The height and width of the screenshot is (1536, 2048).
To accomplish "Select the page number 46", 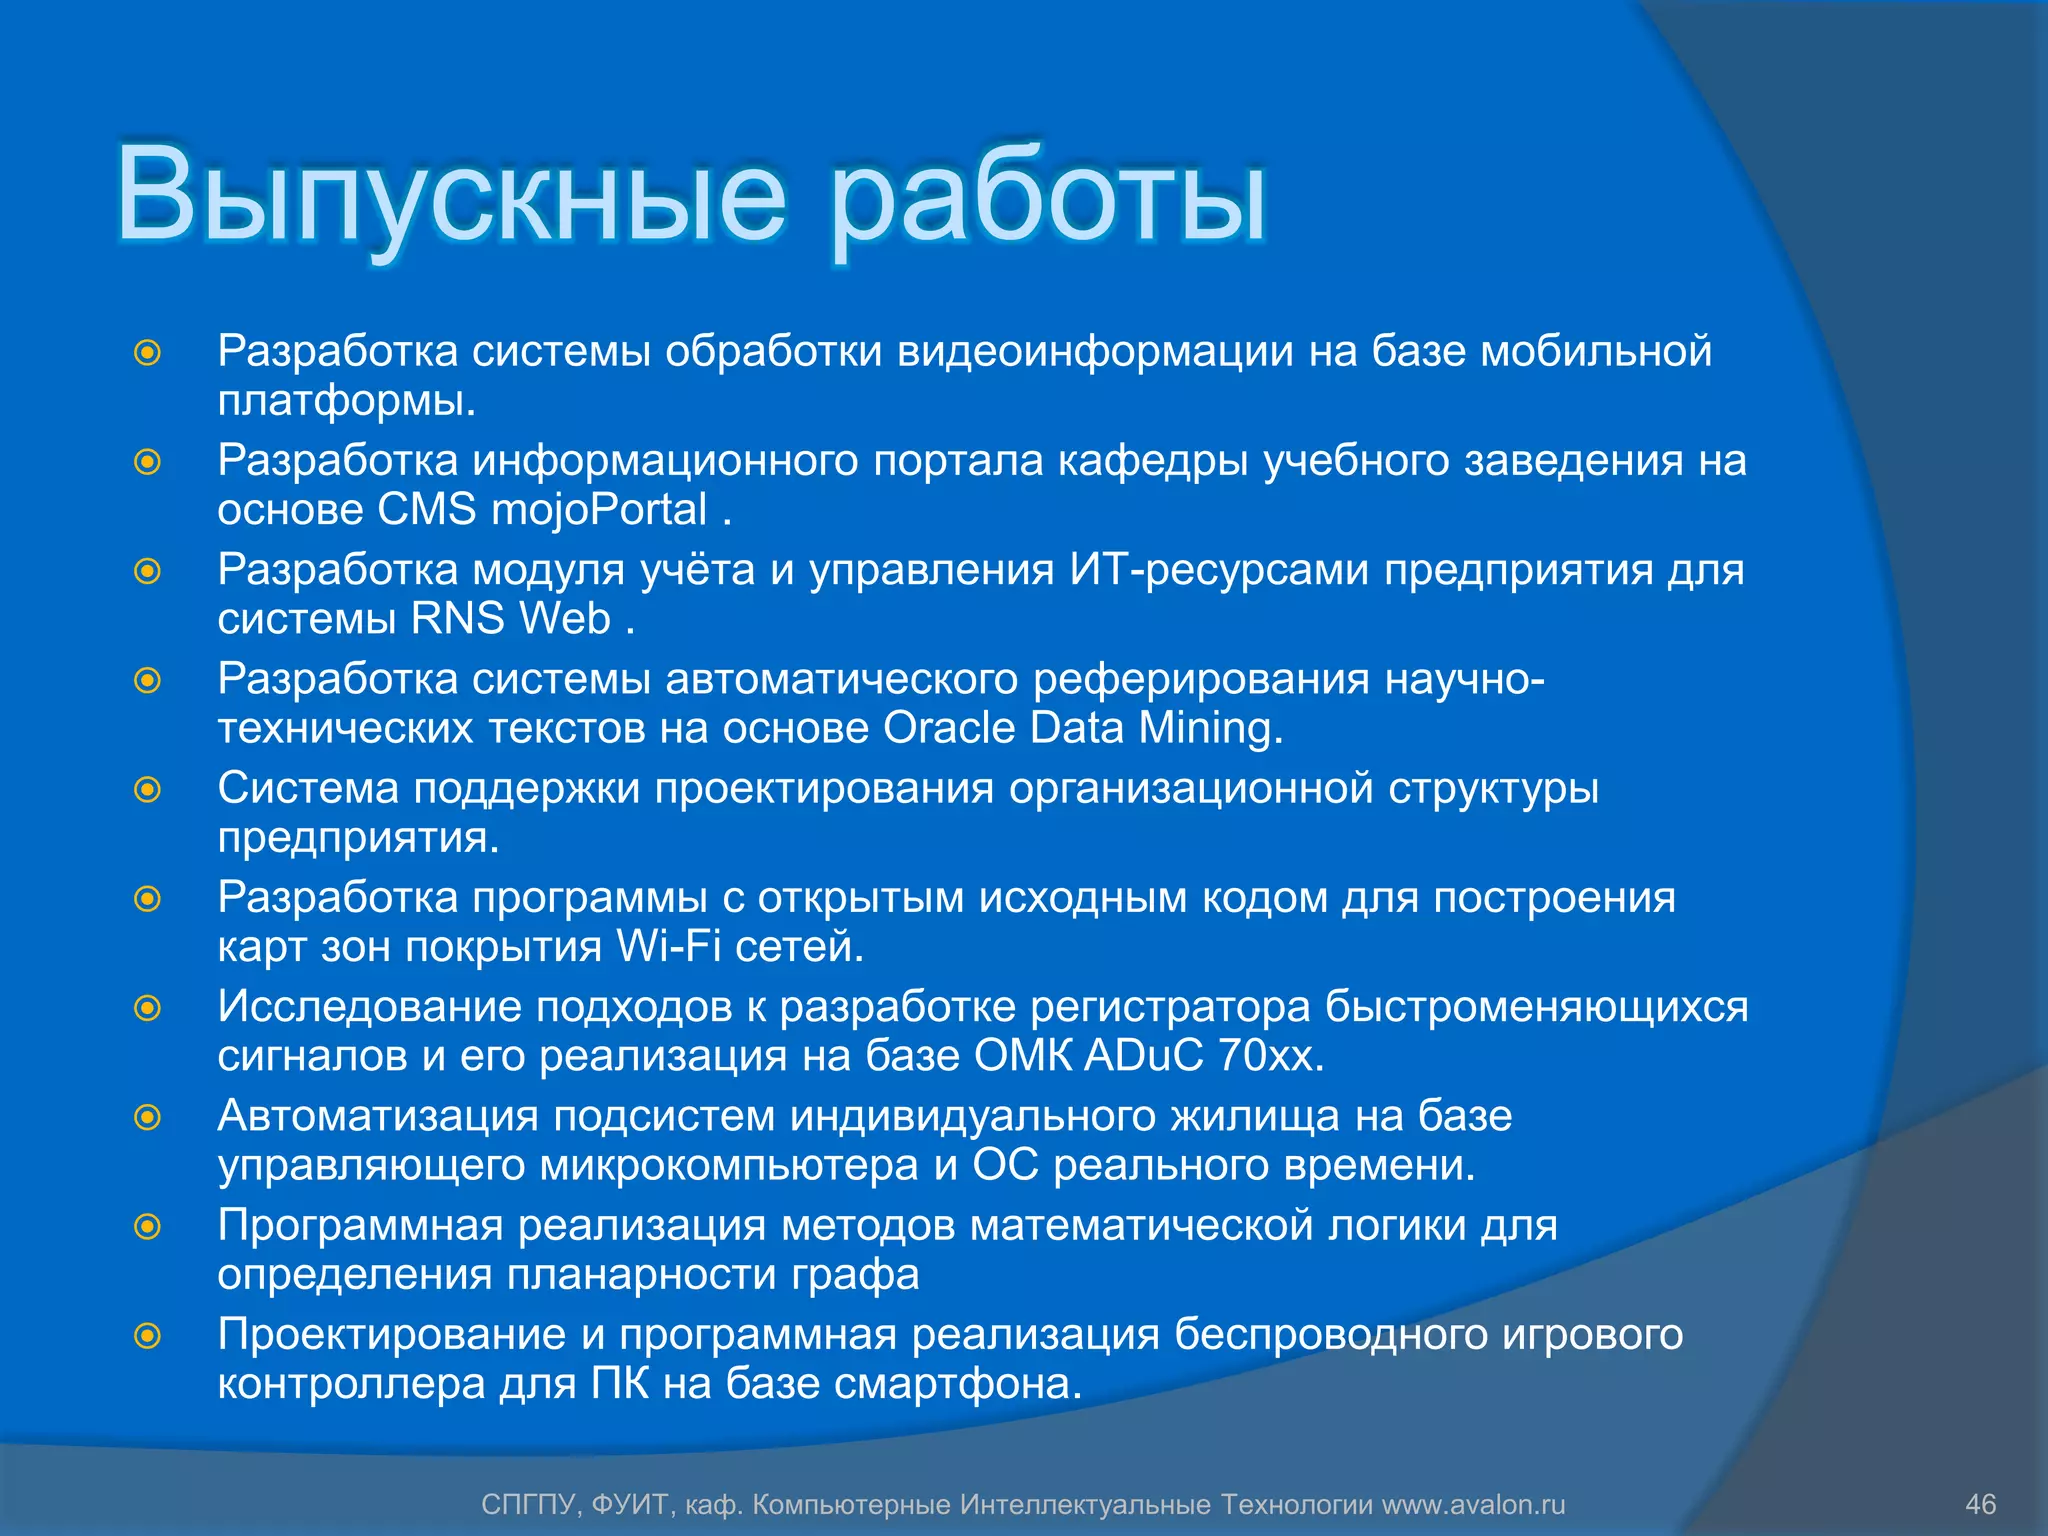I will (1980, 1505).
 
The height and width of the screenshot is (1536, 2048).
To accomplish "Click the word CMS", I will (426, 510).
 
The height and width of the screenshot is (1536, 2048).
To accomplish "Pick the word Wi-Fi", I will (668, 947).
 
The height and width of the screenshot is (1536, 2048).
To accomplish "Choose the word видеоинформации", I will (1095, 351).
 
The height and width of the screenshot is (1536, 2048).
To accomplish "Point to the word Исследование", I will (369, 1007).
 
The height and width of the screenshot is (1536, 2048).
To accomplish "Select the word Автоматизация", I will (377, 1116).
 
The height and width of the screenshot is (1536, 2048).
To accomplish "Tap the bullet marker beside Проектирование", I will (148, 1336).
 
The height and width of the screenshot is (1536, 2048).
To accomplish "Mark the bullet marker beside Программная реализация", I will (148, 1226).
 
